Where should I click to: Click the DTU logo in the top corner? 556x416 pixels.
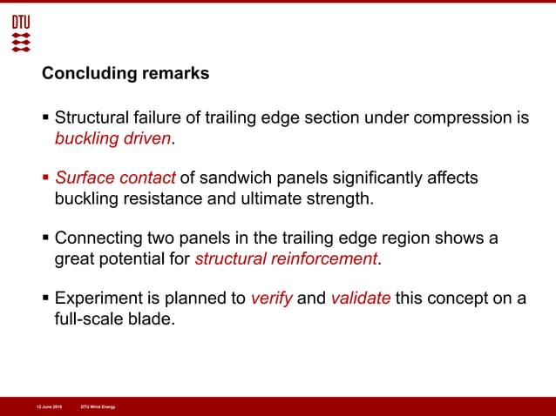(21, 33)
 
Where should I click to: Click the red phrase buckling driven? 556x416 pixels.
(113, 138)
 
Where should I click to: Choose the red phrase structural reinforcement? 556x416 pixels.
(286, 259)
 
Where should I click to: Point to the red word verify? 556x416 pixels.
(272, 299)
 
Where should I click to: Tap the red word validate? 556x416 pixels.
(360, 299)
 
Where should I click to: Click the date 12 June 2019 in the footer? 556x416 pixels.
(49, 406)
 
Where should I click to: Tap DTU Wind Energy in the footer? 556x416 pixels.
(98, 406)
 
